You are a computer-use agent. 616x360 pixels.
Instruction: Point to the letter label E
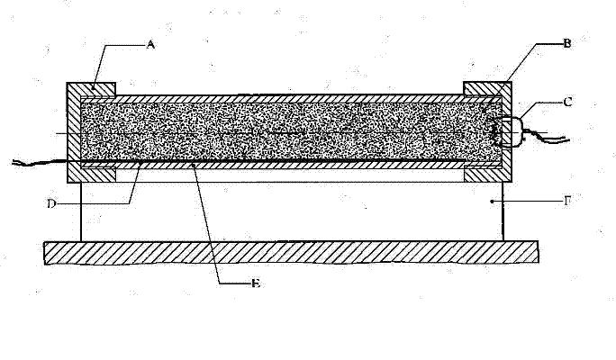coord(256,283)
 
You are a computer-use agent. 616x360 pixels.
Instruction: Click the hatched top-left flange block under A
coord(93,88)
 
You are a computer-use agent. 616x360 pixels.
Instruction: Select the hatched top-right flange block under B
coord(486,88)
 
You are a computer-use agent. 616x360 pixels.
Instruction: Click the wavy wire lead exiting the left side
coord(36,162)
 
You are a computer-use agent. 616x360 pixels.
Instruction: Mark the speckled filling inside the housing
coord(288,130)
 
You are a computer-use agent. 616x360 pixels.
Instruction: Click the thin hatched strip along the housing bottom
coord(288,166)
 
